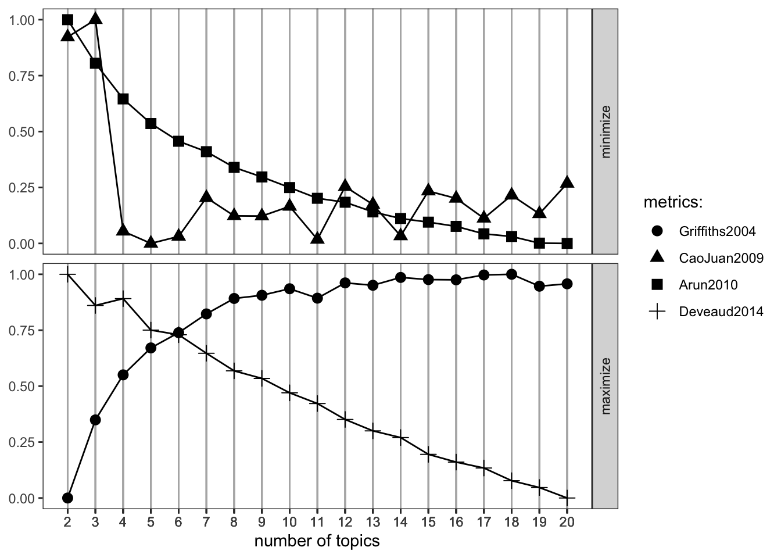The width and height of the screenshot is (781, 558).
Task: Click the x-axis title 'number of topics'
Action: (317, 541)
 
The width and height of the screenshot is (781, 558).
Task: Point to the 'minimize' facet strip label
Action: (606, 132)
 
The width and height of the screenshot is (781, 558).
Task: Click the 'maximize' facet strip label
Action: (606, 386)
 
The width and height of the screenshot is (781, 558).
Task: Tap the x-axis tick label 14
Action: (400, 521)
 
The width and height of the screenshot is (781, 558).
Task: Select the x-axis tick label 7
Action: (206, 521)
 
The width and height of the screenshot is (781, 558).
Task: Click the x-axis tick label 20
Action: (567, 521)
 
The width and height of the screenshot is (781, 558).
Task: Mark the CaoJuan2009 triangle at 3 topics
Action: (95, 19)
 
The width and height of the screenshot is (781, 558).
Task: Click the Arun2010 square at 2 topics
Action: (67, 20)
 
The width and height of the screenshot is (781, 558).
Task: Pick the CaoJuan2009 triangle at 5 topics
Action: (151, 242)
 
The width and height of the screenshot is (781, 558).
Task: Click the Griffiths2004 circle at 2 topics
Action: (67, 498)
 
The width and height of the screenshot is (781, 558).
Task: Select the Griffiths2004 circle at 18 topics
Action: (511, 274)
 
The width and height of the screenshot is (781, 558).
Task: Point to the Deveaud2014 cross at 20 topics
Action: (567, 498)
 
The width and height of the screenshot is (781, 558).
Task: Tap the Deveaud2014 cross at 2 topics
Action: (67, 274)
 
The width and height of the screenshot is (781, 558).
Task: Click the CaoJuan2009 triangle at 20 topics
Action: (567, 183)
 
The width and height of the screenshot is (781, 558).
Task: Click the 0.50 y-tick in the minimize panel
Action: (23, 132)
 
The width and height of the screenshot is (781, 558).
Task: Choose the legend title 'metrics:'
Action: (673, 203)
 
